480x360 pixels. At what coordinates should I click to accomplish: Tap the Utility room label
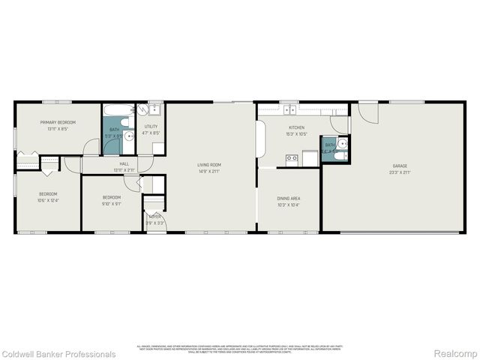click(151, 126)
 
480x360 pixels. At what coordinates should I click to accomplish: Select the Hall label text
click(124, 163)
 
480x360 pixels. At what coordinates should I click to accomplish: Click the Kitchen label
click(296, 128)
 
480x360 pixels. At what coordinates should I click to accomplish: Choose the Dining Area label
click(289, 198)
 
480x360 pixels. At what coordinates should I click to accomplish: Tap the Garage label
click(400, 165)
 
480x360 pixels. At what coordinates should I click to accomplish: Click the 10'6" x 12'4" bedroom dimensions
click(47, 200)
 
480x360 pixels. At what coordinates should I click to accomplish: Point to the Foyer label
click(154, 217)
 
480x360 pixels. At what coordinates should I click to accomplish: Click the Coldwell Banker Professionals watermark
click(58, 354)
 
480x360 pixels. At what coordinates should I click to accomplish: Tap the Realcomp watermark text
click(455, 354)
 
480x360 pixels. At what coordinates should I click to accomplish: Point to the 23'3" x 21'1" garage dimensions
click(400, 172)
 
